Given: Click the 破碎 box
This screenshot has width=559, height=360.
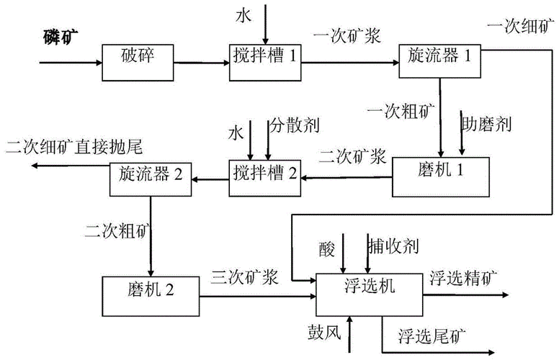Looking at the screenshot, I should click(x=139, y=56).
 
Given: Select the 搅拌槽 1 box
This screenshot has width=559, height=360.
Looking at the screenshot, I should click(x=264, y=56).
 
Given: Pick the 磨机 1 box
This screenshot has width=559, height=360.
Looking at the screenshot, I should click(x=440, y=176).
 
